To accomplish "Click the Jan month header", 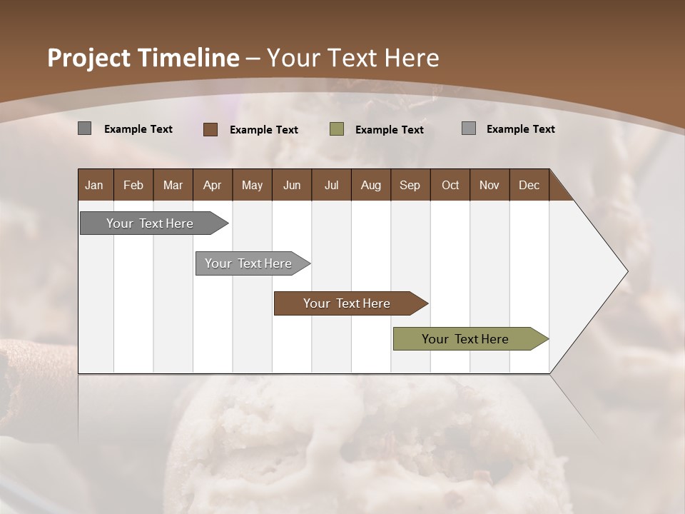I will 94,185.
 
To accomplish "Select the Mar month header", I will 173,185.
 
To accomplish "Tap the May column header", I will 252,185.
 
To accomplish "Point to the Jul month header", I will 331,185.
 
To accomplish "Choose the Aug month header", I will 370,185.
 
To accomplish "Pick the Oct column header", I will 450,185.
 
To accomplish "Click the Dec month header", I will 529,185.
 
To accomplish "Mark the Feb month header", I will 133,185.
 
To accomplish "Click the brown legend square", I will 210,129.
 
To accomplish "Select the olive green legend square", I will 337,128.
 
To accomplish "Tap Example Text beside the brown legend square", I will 264,130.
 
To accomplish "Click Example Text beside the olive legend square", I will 390,130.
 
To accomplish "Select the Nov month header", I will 489,185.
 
